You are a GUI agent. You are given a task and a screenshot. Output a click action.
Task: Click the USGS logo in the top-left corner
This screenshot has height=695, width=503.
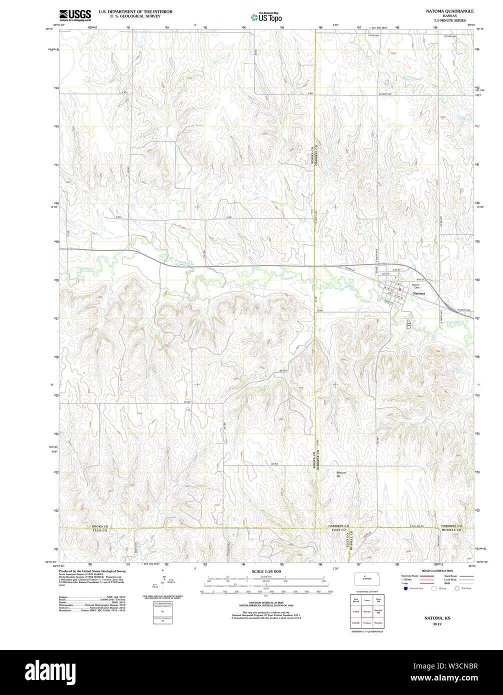tap(75, 14)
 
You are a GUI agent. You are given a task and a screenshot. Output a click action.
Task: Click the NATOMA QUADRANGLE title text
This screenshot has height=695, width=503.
tap(449, 10)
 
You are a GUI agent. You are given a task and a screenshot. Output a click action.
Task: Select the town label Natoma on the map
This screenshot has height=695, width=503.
tap(419, 293)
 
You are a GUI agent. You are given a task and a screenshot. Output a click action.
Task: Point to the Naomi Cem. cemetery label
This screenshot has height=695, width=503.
tap(416, 285)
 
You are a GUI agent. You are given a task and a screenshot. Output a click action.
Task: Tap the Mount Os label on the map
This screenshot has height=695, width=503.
tap(341, 474)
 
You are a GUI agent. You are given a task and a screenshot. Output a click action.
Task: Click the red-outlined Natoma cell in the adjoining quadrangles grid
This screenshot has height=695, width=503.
tap(366, 611)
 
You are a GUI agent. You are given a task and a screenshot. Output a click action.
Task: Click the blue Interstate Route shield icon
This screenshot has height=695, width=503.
tap(404, 588)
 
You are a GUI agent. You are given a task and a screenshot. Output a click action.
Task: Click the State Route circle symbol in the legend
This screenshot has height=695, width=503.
tap(456, 588)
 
